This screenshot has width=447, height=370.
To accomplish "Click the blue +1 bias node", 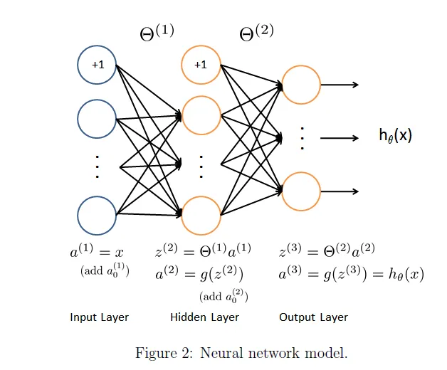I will pos(97,65).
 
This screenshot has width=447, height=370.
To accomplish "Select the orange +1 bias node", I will pos(201,65).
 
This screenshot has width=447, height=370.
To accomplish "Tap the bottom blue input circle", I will pos(97,215).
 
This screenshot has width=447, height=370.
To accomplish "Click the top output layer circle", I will pos(301,85).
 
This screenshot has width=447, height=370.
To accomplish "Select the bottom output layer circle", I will pos(301,191).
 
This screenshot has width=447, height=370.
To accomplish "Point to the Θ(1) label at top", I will pos(156,33).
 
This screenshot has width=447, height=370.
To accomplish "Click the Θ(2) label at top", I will pos(256,33).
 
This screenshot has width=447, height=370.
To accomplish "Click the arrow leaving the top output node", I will pos(340,85).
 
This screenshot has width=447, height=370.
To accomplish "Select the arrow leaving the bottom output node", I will pos(340,191).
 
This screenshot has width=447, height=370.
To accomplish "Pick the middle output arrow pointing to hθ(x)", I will pos(340,137).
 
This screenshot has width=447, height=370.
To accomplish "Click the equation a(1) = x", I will pos(97,252).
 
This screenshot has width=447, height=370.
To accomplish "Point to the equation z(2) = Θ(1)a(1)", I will pos(203,251).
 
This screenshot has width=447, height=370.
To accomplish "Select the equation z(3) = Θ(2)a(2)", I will pos(327,251).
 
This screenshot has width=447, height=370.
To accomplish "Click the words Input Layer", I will pos(99,317).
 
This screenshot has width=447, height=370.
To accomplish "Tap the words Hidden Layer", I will pos(204,317).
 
